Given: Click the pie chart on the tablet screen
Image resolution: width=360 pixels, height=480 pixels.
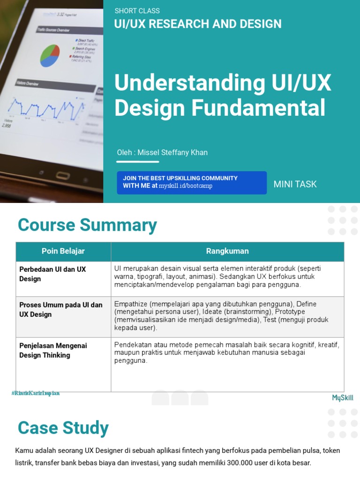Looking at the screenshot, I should coord(50,55).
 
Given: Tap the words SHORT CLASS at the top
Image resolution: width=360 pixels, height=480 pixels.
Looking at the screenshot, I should coord(137,11).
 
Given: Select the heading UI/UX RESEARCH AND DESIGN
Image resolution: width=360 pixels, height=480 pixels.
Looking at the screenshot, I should coord(198,24).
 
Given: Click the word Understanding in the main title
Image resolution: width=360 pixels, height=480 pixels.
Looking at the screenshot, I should coord(183,83).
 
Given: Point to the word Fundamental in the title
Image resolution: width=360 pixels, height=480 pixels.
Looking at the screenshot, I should coord(259,108).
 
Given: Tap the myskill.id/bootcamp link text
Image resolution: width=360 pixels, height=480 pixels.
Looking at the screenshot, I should coord(186,186).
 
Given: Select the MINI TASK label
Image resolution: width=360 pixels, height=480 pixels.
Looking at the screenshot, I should coord(295,184).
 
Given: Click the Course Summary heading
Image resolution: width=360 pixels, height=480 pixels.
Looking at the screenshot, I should coord(87,225).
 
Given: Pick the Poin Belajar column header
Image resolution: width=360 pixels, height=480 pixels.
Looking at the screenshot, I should coord(63,251).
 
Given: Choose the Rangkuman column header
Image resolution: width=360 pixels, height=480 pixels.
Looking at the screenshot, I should coord(227,251).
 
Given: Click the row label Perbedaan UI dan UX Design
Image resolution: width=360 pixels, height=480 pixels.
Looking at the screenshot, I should coord(52,274).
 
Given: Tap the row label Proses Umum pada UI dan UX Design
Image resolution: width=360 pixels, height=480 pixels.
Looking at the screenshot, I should coord(60,309).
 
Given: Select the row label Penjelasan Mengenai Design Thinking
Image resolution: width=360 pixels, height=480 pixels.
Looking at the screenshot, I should coord(53,350).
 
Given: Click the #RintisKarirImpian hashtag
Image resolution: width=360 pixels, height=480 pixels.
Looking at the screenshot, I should coord(36,393).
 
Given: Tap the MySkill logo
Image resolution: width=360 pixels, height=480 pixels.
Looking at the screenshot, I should coord(343,398).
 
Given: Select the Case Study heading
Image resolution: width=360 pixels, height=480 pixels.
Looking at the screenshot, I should coord(63,428).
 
